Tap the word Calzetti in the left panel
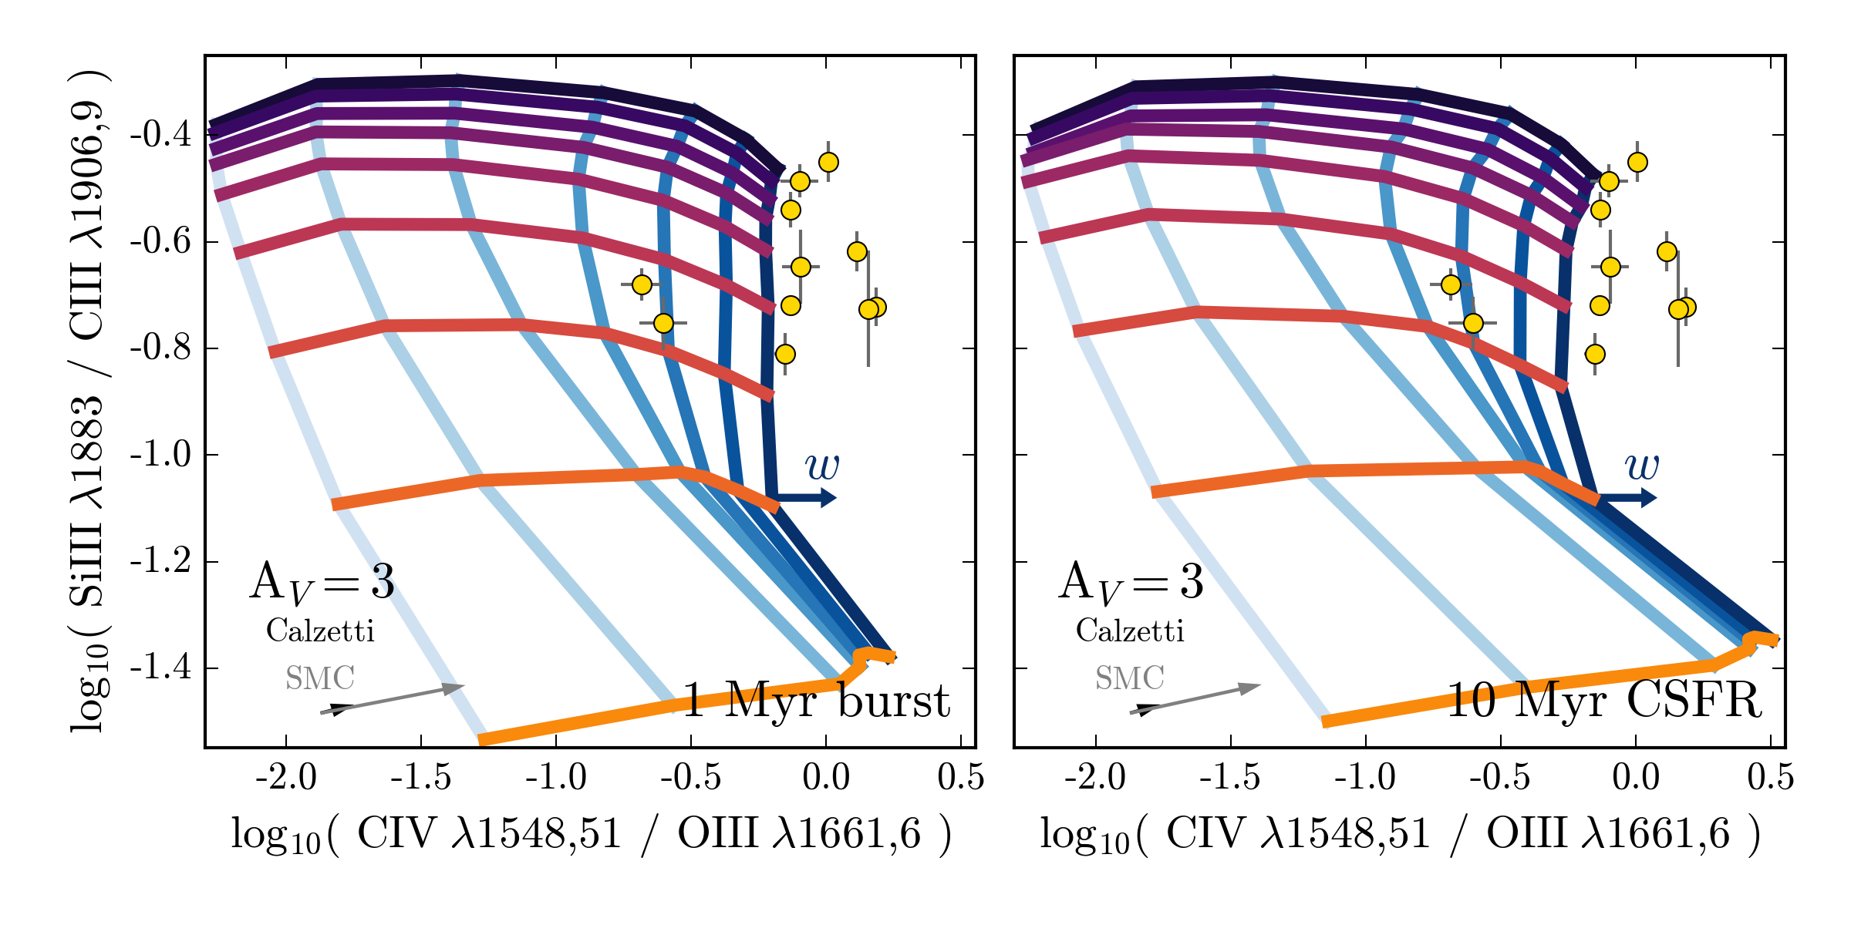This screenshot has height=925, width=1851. click(x=320, y=631)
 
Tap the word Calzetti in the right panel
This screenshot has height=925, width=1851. click(x=1130, y=631)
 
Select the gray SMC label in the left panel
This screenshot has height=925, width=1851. click(x=320, y=678)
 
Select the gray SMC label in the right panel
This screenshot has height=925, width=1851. click(x=1130, y=678)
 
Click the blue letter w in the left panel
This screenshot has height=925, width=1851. click(x=822, y=466)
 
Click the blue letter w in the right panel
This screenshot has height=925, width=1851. click(x=1641, y=466)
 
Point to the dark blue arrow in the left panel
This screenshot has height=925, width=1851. click(x=806, y=497)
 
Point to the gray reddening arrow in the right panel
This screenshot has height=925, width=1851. click(x=1195, y=698)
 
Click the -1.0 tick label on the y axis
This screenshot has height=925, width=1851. click(x=160, y=455)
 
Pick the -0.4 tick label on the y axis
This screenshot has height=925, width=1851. click(x=160, y=135)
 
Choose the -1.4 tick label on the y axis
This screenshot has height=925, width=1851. click(x=160, y=668)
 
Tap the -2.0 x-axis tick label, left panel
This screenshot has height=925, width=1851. click(x=286, y=777)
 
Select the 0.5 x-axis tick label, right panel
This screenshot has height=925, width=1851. click(x=1771, y=777)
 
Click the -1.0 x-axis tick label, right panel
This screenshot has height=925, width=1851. click(x=1365, y=777)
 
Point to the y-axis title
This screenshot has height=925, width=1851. click(x=88, y=401)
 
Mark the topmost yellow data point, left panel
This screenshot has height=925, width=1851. click(x=828, y=162)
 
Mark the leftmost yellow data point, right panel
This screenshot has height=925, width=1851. click(x=1451, y=284)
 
